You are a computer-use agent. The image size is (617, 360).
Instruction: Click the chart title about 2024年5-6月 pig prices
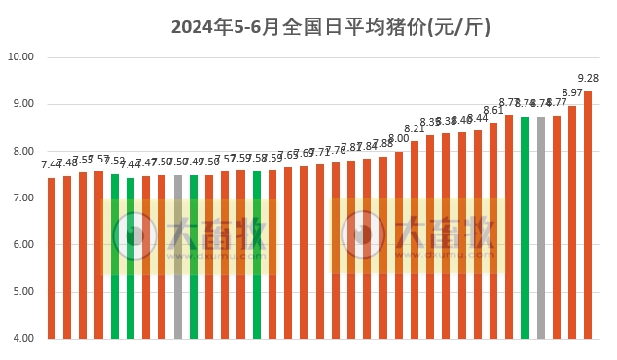coord(331,27)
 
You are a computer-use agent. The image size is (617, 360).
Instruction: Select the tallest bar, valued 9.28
coord(588,214)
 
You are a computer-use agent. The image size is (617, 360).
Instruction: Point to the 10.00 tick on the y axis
coord(20,57)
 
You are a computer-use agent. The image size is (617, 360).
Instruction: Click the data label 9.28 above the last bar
coord(588,79)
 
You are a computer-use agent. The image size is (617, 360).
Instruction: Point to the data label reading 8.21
coord(415,128)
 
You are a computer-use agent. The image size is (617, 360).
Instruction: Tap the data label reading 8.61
coord(493,110)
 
